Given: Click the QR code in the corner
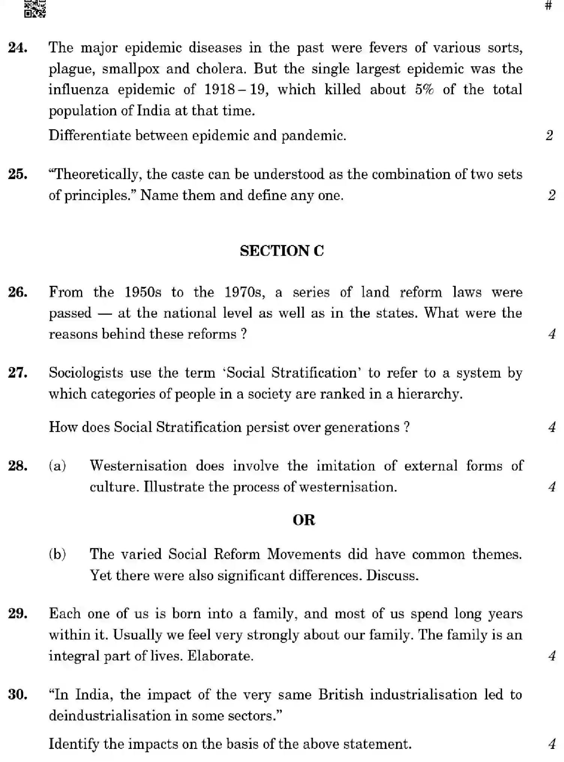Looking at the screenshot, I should click(35, 8).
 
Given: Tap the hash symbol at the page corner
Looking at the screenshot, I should click(548, 6).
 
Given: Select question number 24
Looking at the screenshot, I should click(18, 48).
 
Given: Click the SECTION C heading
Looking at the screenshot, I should click(282, 251).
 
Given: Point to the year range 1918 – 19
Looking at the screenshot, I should click(236, 90).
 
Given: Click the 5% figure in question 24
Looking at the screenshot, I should click(424, 90).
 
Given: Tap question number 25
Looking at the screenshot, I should click(18, 174).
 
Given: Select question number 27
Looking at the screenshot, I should click(18, 373).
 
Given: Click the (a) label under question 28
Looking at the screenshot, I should click(57, 466).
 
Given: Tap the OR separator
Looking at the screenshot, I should click(304, 520).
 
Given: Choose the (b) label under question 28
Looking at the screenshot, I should click(57, 554).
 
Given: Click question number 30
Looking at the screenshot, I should click(18, 695).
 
